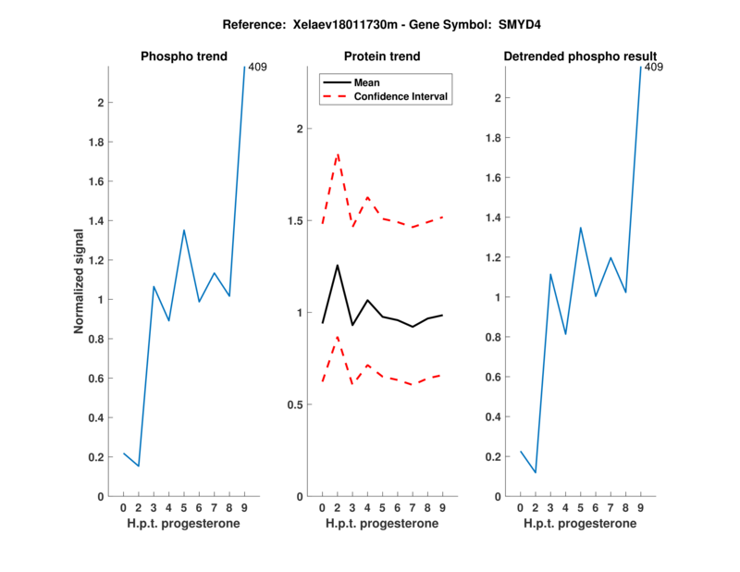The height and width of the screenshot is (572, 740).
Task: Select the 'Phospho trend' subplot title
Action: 183,56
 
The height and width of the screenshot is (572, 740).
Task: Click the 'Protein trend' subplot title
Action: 382,56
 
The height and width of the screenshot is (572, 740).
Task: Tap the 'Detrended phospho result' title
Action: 580,56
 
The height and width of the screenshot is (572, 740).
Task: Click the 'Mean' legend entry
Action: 367,82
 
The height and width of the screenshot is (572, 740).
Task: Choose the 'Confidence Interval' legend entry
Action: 402,96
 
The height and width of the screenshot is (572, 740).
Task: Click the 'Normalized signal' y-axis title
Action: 80,281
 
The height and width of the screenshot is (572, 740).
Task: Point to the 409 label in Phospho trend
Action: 258,67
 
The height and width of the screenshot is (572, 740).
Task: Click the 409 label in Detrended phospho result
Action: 653,67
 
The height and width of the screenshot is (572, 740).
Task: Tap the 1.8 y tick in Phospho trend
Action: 96,142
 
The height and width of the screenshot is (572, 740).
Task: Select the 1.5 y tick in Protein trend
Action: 294,220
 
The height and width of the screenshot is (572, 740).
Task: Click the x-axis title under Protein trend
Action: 382,524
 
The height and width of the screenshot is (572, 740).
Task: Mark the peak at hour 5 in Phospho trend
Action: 184,230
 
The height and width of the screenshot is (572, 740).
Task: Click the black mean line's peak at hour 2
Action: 337,266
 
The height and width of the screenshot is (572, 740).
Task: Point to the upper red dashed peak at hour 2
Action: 337,154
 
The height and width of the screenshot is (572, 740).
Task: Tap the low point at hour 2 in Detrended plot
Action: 536,473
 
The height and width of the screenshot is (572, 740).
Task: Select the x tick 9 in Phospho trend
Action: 244,507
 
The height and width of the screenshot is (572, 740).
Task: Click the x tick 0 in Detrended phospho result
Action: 520,507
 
